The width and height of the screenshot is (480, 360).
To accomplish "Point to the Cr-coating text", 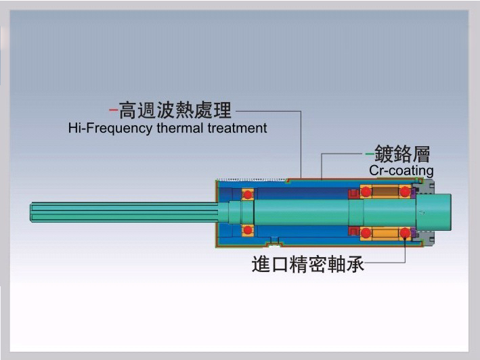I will pyautogui.click(x=401, y=171).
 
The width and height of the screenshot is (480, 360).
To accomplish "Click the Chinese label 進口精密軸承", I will pyautogui.click(x=308, y=264).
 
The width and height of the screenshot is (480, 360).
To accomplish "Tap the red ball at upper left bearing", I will pyautogui.click(x=248, y=195).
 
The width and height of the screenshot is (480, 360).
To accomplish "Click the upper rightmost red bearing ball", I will pyautogui.click(x=405, y=192).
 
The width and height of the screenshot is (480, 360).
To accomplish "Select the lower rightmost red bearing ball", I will pyautogui.click(x=405, y=233).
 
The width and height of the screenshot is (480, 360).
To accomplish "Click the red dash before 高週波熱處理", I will pyautogui.click(x=113, y=108).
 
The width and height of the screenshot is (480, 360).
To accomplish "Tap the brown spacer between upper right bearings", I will pyautogui.click(x=385, y=193).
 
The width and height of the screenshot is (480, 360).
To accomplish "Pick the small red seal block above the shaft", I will pyautogui.click(x=353, y=195).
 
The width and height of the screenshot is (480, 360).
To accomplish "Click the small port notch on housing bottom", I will pyautogui.click(x=274, y=242).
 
